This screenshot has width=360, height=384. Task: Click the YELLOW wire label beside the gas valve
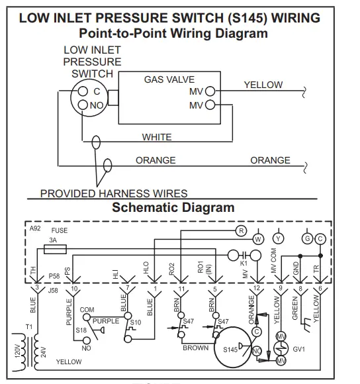[263, 85]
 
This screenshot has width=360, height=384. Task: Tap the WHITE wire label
[157, 138]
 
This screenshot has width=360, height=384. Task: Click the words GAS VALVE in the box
[169, 79]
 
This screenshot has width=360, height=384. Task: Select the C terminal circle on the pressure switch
[85, 91]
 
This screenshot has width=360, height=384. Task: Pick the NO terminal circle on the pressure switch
[84, 103]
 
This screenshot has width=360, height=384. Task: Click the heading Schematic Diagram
[173, 207]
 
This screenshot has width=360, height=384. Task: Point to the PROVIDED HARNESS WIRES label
[114, 193]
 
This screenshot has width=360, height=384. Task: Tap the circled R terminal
[241, 230]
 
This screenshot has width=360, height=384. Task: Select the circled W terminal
[258, 238]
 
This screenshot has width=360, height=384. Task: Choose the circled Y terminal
[279, 238]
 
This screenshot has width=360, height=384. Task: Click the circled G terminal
[306, 238]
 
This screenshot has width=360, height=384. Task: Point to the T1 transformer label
[28, 327]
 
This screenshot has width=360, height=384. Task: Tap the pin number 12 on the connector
[257, 289]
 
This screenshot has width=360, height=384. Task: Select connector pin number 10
[75, 289]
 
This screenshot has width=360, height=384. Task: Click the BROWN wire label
[195, 348]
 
